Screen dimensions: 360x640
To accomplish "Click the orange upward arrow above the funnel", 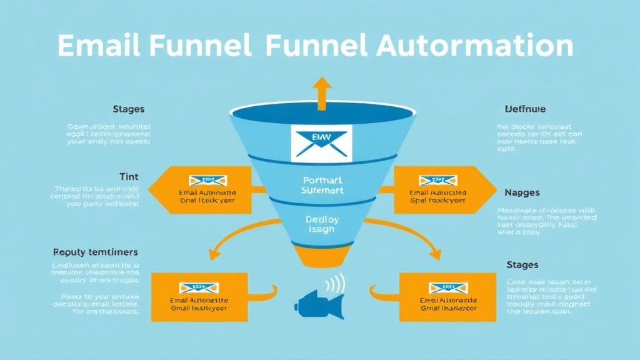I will point(322,92).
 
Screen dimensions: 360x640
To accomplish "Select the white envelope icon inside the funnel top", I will point(321,141).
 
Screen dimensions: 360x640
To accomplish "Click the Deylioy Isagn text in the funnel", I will point(321,224).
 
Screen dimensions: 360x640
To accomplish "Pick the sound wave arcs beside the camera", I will point(337,284).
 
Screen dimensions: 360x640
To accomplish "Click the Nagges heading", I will point(522,192).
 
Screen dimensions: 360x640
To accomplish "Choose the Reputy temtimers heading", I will point(96,252).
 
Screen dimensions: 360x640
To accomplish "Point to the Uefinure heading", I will point(525,109).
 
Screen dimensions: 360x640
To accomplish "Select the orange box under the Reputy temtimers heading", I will point(199,297).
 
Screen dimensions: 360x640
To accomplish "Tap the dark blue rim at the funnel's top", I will point(321,113).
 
